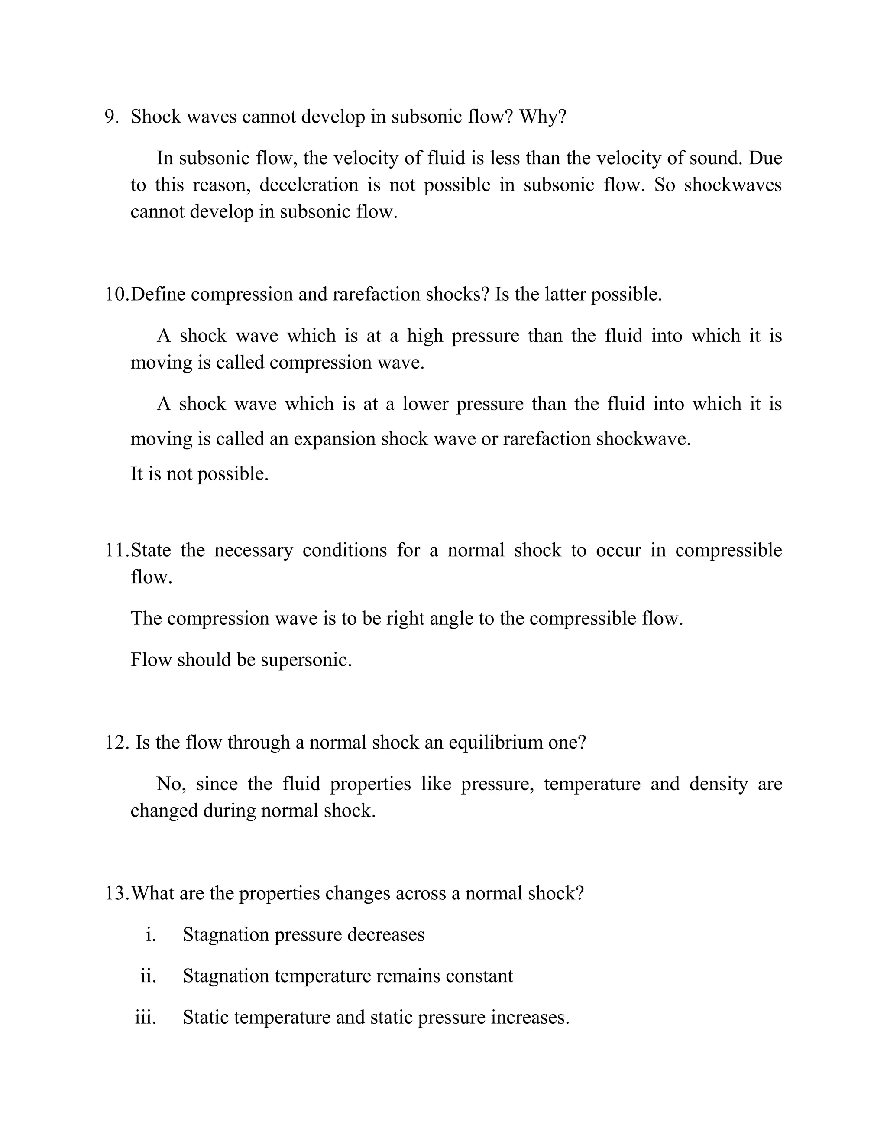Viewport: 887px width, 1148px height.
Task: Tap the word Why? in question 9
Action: click(543, 117)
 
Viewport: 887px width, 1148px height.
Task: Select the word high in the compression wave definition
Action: click(424, 336)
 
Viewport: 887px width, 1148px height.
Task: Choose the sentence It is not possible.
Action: click(199, 474)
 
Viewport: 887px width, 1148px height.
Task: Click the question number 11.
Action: click(117, 550)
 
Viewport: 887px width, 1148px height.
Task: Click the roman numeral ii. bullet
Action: click(148, 976)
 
